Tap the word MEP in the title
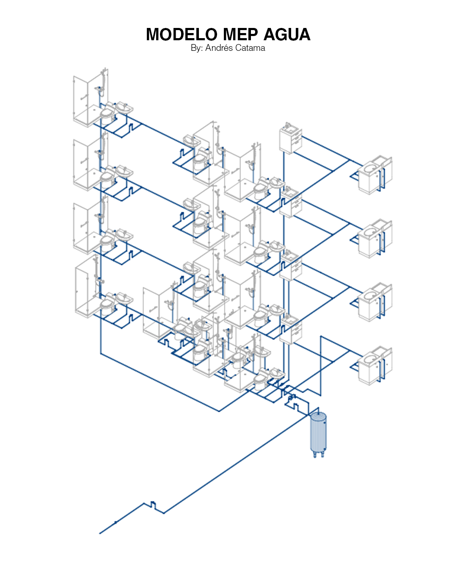240,34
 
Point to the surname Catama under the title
250,48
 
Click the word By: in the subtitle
197,48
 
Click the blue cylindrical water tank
318,434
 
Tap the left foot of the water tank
315,455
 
